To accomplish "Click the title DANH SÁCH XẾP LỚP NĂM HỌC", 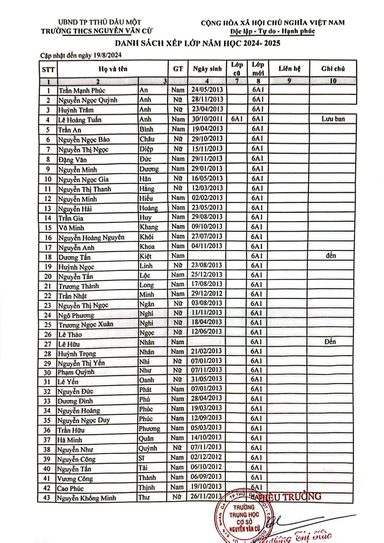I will [198, 43].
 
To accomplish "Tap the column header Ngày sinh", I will [207, 69].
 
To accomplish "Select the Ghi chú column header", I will [333, 69].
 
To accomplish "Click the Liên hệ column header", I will [289, 69].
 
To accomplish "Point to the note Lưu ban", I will [333, 119].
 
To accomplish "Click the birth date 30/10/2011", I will [207, 119].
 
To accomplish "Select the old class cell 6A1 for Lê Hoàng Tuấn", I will [237, 119].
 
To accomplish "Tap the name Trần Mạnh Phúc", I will [82, 90].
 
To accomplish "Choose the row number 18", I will [48, 257].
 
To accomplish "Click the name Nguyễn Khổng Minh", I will [87, 498].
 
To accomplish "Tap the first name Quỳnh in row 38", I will [148, 448].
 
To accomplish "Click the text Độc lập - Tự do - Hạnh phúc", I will [273, 31].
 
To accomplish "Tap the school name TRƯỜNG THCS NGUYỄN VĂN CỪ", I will [91, 31].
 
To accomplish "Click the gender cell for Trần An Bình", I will [178, 129].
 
